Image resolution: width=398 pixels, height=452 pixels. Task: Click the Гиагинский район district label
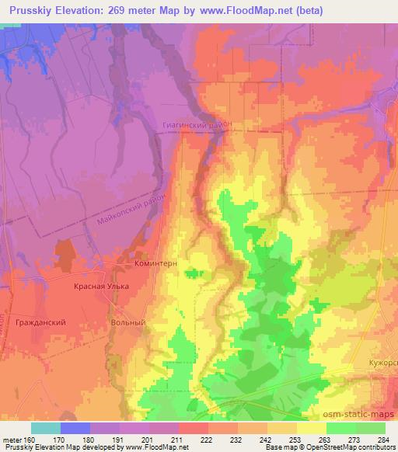pos(198,123)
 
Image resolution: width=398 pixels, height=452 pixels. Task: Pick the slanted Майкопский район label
pos(133,207)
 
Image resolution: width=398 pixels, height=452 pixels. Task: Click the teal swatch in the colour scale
pos(46,428)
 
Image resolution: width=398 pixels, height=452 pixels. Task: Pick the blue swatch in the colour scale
pos(75,428)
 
